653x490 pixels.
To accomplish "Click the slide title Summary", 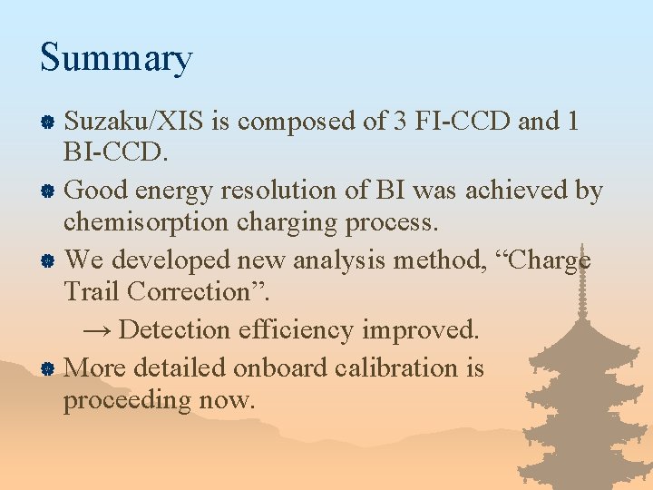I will [x=116, y=58].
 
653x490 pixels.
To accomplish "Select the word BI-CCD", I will [x=115, y=152].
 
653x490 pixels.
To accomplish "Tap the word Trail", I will [x=92, y=292].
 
